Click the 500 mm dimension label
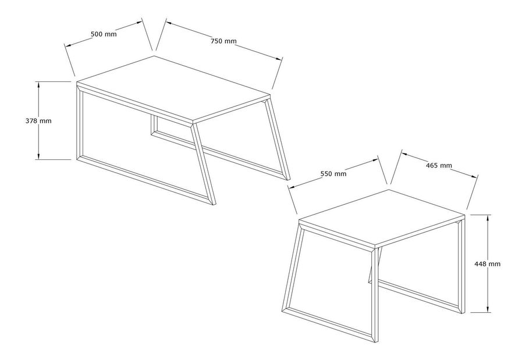[104, 34]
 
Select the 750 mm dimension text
[223, 41]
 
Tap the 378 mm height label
[38, 120]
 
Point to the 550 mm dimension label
[333, 174]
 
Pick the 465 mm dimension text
[439, 165]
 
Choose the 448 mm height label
[487, 264]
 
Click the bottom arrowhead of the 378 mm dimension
[39, 156]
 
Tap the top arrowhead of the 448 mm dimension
[488, 218]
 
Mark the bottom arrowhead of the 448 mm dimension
[488, 309]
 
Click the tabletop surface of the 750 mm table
[173, 88]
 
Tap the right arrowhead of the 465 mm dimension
[474, 176]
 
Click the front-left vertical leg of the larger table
[80, 123]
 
